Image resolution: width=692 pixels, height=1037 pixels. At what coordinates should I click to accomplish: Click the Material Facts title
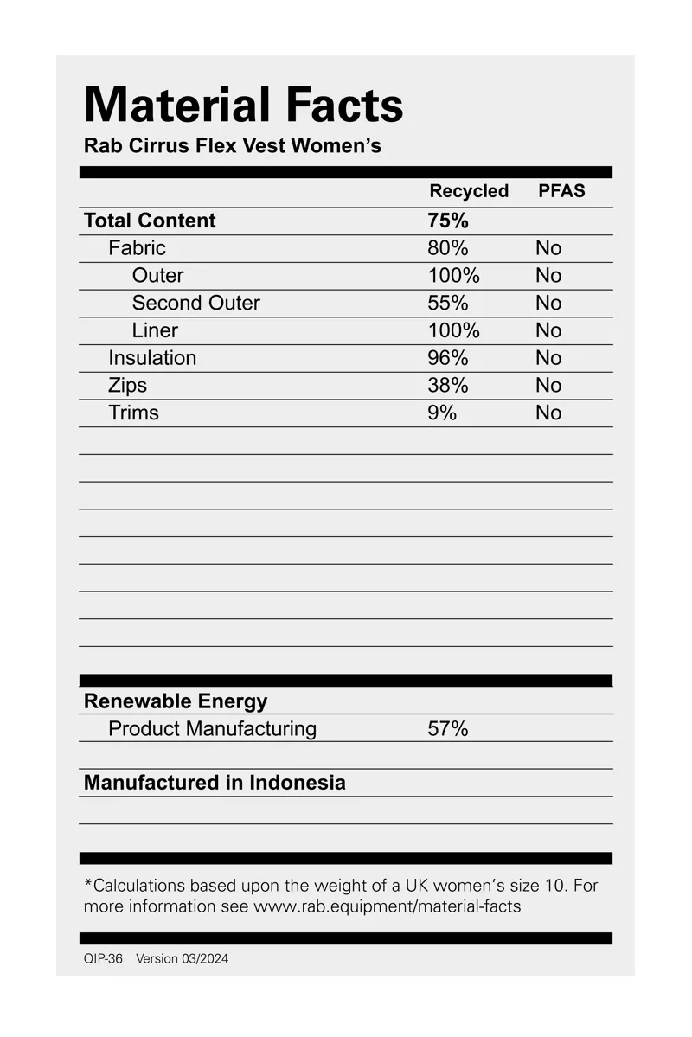(x=243, y=106)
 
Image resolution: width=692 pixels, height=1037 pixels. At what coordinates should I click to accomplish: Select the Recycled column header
(x=469, y=191)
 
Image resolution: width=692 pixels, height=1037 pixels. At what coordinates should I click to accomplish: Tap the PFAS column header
(x=561, y=191)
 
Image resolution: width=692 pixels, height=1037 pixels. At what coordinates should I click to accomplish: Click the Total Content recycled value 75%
(x=448, y=221)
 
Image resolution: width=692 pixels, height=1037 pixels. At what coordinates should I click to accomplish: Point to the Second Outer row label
(x=195, y=303)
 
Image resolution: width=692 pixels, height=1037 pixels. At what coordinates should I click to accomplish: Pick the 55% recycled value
(x=448, y=303)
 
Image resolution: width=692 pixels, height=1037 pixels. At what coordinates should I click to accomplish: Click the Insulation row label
(x=152, y=358)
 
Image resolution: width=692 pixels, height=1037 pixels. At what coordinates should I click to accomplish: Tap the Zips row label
(x=127, y=386)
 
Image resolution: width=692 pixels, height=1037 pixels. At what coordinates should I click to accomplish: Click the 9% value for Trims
(x=442, y=413)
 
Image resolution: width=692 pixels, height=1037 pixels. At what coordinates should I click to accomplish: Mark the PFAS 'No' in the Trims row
(x=548, y=413)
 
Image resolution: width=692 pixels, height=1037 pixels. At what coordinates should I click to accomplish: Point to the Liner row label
(x=155, y=330)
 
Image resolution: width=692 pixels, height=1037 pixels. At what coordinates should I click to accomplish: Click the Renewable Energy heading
(x=176, y=701)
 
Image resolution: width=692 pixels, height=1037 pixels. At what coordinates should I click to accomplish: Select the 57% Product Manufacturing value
(x=448, y=729)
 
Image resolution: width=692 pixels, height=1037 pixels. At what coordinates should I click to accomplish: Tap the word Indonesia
(x=298, y=783)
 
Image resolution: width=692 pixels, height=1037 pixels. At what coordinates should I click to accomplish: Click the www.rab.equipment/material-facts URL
(x=387, y=907)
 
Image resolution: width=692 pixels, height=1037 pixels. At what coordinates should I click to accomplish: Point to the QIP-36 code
(x=103, y=959)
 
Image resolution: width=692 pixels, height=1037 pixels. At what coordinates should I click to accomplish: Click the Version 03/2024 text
(x=183, y=959)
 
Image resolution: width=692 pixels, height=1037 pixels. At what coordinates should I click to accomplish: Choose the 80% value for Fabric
(x=448, y=248)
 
